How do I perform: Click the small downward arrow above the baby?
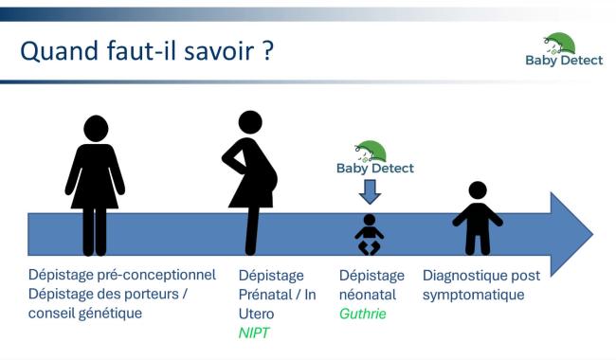click(371, 192)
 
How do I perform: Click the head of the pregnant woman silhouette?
click(250, 122)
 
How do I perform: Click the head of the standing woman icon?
click(95, 128)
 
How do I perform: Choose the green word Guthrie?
click(363, 313)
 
